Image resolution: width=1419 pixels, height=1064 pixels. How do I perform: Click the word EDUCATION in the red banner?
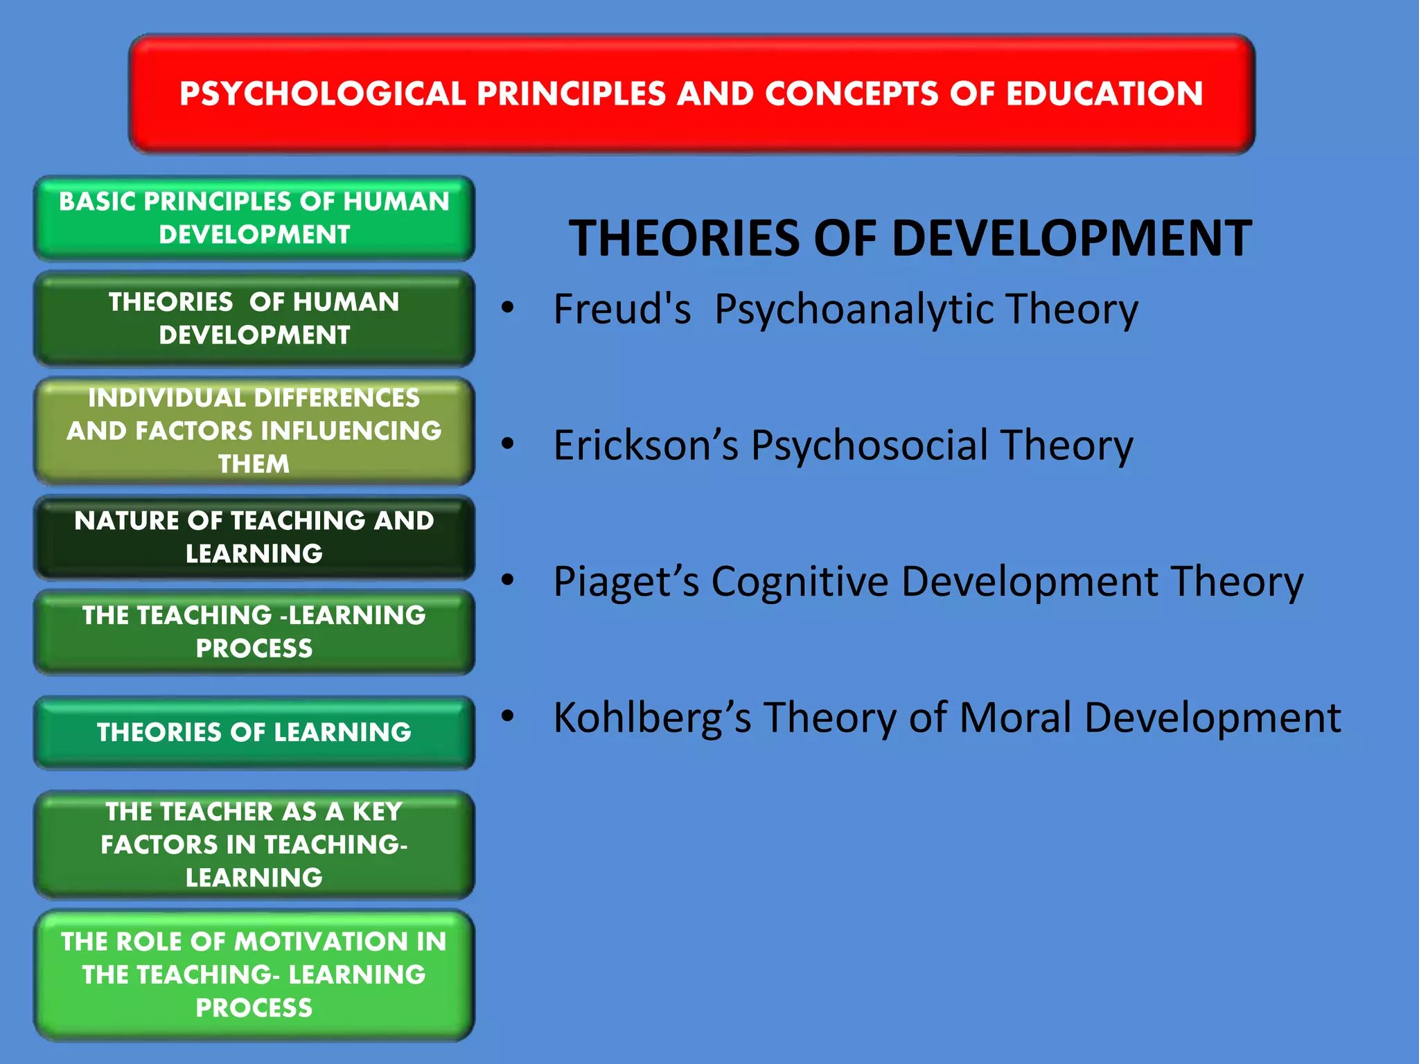coord(1104,94)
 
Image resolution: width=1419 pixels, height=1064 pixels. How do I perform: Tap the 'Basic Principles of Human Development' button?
coord(254,218)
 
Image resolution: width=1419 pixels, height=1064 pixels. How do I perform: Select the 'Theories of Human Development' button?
coord(254,318)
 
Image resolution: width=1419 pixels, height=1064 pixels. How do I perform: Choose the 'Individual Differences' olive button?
coord(254,430)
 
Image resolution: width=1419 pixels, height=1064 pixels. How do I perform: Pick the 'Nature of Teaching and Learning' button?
coord(254,537)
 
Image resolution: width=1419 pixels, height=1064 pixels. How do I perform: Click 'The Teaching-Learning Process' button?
coord(254,631)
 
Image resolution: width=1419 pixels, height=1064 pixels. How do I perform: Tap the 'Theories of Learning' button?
coord(254,732)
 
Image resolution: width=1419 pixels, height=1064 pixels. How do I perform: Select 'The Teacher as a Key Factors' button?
coord(254,844)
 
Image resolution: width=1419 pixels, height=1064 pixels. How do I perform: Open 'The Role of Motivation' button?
coord(254,974)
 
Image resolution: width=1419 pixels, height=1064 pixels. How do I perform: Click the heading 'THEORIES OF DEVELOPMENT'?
coord(910,238)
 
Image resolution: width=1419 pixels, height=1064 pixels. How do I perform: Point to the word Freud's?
coord(622,309)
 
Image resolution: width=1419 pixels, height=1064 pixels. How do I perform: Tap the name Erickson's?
coord(646,445)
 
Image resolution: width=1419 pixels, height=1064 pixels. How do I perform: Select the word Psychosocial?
coord(870,445)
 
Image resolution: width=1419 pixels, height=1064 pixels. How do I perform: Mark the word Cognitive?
coord(800,581)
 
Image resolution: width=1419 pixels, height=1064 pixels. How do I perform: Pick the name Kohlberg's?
coord(651,718)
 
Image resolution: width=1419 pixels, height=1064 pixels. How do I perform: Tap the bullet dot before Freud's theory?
coord(508,307)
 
